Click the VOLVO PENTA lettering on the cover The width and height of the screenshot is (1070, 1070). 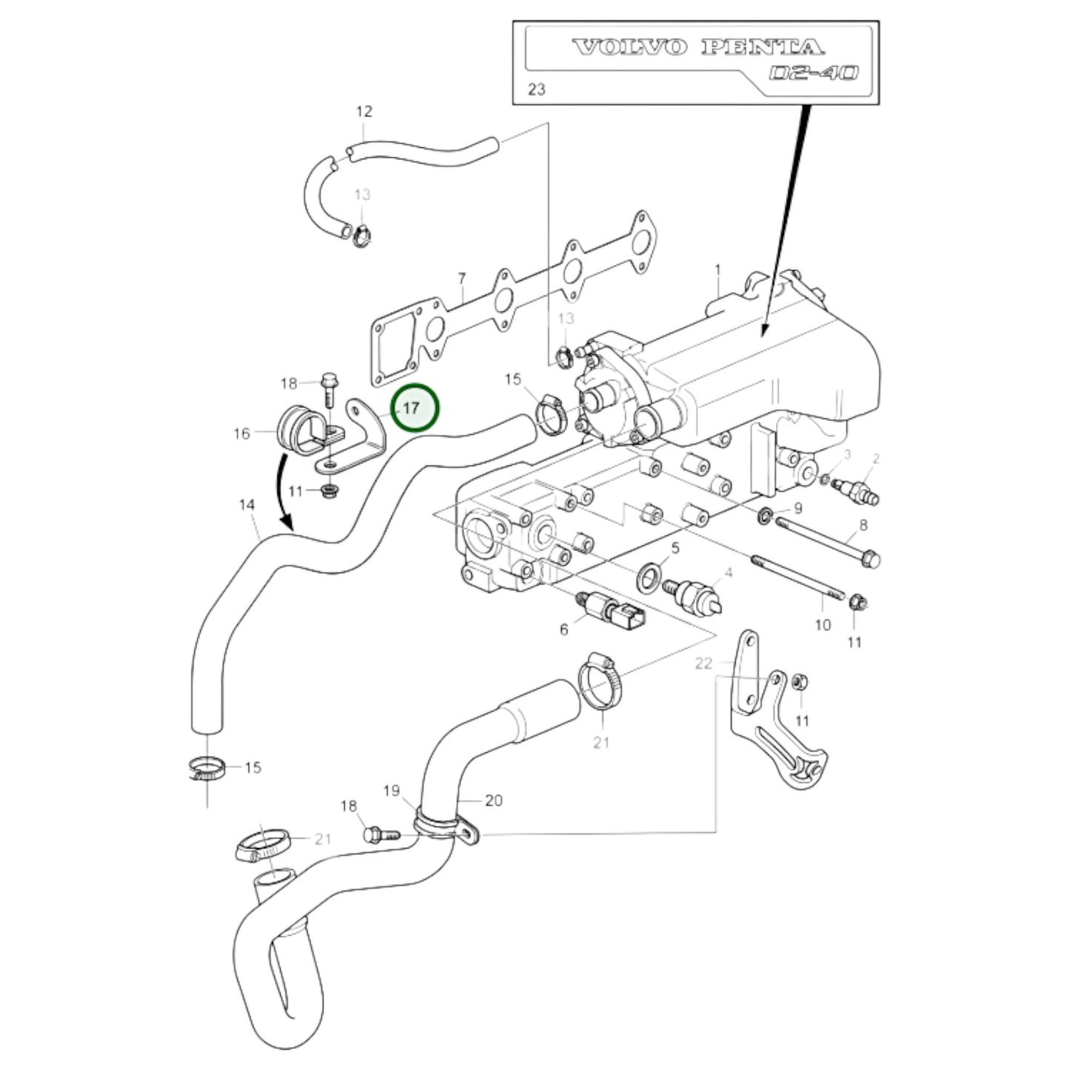698,48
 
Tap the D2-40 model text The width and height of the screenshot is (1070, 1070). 813,73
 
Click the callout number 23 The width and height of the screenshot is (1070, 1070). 536,90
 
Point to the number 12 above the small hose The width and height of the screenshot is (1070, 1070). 364,112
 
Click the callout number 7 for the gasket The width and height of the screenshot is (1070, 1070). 462,279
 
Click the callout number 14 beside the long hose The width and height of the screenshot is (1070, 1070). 247,505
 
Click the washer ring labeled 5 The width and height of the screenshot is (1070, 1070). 648,575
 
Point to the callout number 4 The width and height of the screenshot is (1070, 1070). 729,572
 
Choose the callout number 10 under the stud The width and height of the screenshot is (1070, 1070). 823,625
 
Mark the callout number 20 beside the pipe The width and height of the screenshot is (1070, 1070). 494,800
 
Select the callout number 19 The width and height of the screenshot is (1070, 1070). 392,791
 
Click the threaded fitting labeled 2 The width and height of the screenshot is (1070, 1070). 859,490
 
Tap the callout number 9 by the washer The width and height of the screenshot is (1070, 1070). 798,508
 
